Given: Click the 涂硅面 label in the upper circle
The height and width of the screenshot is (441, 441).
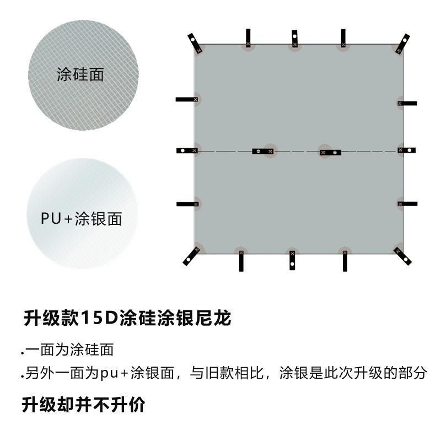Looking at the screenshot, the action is pyautogui.click(x=80, y=75).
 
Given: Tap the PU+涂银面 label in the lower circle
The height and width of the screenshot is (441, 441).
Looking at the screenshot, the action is pyautogui.click(x=81, y=219).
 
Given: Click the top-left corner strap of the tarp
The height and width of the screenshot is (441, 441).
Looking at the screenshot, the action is pyautogui.click(x=193, y=42).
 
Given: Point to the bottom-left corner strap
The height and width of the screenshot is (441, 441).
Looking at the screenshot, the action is pyautogui.click(x=191, y=255).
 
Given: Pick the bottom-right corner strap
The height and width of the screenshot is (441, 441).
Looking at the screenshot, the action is pyautogui.click(x=402, y=255).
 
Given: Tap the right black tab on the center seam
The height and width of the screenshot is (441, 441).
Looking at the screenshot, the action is pyautogui.click(x=330, y=152).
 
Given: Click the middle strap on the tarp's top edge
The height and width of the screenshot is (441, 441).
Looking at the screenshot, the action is pyautogui.click(x=294, y=39).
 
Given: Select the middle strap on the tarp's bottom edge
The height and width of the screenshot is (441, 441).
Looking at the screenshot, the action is pyautogui.click(x=292, y=260).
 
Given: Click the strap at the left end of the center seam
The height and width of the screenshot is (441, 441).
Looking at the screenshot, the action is pyautogui.click(x=187, y=150).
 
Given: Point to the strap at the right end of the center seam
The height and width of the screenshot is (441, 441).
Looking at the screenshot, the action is pyautogui.click(x=407, y=150).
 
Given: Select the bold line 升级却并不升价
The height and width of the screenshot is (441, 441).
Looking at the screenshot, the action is pyautogui.click(x=84, y=405).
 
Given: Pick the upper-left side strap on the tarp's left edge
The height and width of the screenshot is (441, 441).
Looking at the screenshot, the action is pyautogui.click(x=187, y=99).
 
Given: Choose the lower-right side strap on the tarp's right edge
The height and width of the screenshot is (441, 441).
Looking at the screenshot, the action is pyautogui.click(x=408, y=203).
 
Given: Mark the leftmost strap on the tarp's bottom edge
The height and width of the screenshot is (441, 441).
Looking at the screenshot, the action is pyautogui.click(x=241, y=260).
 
